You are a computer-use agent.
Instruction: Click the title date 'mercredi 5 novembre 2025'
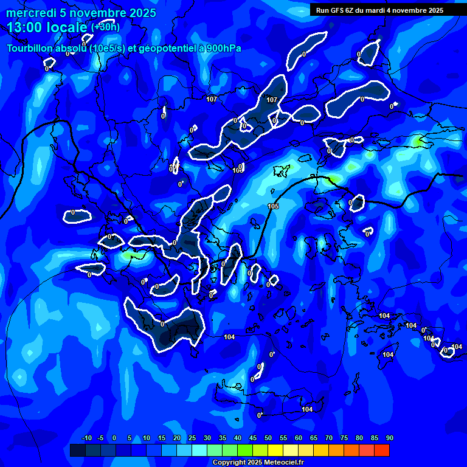81,13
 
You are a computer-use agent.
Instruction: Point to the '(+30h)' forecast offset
105,27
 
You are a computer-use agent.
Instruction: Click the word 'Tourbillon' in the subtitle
31,49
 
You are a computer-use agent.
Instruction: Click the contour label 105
273,207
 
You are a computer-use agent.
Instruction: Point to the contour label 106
238,170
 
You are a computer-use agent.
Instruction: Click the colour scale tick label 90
389,438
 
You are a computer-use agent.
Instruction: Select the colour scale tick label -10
86,438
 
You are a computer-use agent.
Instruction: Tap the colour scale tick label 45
252,438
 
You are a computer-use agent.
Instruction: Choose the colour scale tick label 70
328,438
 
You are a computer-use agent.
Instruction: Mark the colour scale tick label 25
192,438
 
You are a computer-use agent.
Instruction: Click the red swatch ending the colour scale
381,450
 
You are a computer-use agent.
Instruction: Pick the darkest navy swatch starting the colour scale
77,450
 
